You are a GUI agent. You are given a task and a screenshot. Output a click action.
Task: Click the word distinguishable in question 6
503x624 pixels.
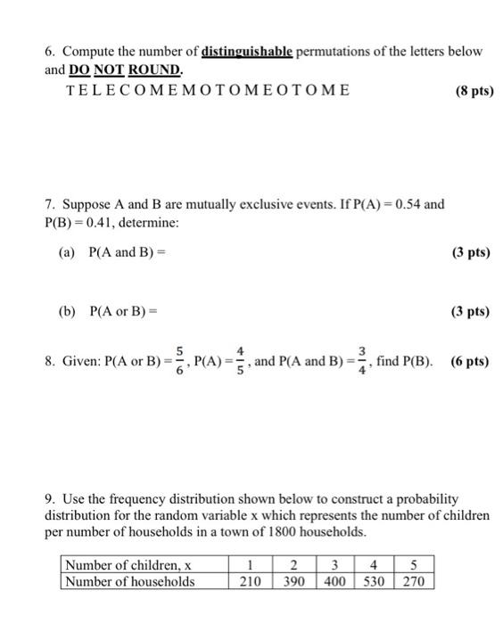click(245, 51)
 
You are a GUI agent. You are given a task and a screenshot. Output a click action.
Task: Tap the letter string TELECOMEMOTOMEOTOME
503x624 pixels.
click(207, 90)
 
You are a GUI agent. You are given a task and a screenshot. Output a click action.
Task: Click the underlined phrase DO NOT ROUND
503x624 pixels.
click(126, 70)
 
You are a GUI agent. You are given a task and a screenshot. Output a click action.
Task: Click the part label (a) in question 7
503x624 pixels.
click(68, 252)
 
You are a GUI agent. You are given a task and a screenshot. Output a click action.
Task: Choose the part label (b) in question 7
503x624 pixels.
click(68, 312)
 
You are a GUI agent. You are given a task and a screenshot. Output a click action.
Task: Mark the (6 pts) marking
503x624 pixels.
click(469, 362)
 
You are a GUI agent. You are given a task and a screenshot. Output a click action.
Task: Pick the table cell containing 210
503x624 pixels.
click(250, 581)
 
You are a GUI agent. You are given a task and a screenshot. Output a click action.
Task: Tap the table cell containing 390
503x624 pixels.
click(290, 581)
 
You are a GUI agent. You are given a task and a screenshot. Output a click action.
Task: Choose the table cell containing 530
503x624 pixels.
click(375, 581)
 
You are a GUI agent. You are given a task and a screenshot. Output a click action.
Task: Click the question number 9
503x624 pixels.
click(50, 498)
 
